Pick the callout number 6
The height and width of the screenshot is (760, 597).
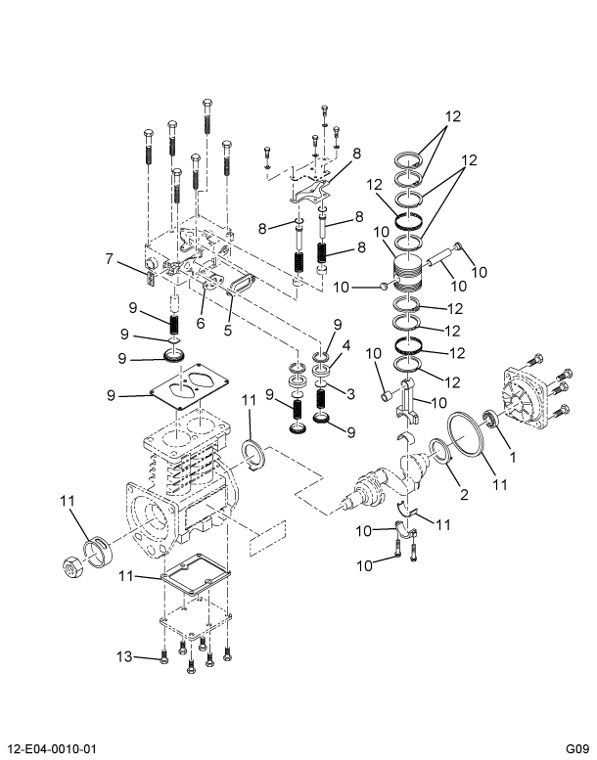(x=200, y=324)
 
